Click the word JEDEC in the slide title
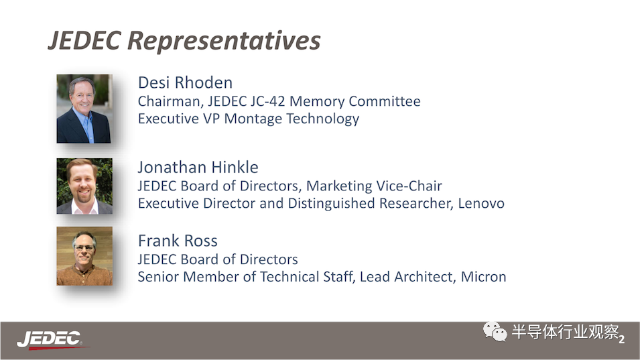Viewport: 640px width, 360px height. [84, 40]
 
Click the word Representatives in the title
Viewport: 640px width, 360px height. [224, 42]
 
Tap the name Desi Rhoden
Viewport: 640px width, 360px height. [186, 82]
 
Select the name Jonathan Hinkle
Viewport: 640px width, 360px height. [198, 168]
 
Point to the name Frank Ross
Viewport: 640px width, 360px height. [178, 241]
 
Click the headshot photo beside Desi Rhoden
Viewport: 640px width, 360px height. [84, 109]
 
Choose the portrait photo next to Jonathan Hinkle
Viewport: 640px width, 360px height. [84, 186]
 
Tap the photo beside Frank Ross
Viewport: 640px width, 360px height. [84, 256]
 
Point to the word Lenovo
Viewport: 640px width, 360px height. [481, 203]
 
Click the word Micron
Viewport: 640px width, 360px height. [483, 277]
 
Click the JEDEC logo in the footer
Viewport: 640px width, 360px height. [50, 340]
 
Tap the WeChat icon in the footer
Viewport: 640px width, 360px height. [495, 331]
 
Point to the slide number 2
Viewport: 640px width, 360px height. [621, 339]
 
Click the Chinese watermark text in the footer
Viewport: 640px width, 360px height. [566, 332]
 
